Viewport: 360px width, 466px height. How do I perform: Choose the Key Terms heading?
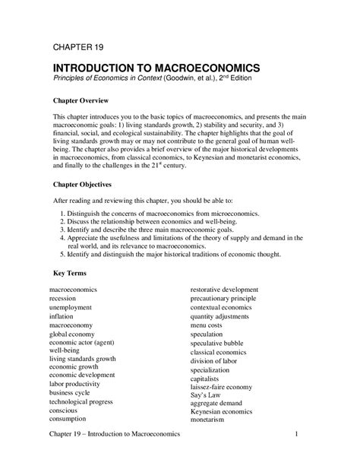(70, 272)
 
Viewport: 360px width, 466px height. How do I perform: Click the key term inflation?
(64, 316)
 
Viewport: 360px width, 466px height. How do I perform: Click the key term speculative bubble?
(223, 342)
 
